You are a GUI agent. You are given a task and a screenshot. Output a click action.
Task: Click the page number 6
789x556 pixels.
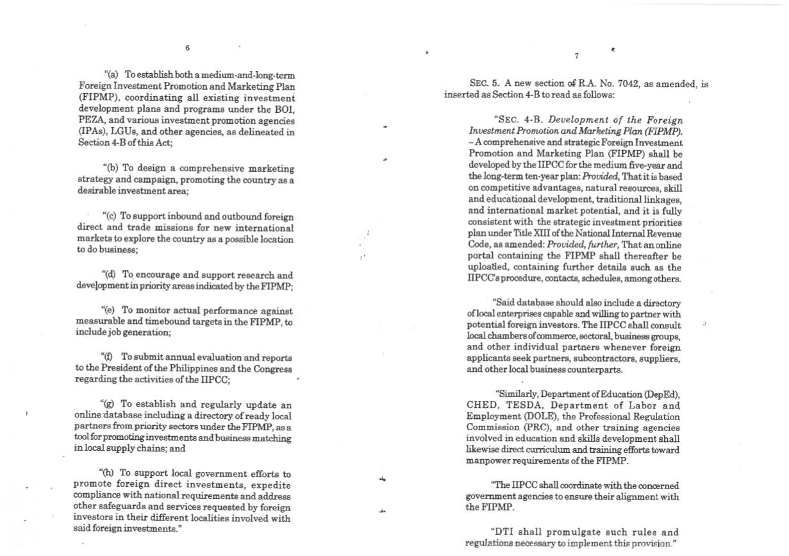click(x=187, y=48)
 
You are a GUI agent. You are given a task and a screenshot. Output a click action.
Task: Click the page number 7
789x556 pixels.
click(x=576, y=56)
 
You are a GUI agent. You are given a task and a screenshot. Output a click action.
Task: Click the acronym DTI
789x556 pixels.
click(x=502, y=532)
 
